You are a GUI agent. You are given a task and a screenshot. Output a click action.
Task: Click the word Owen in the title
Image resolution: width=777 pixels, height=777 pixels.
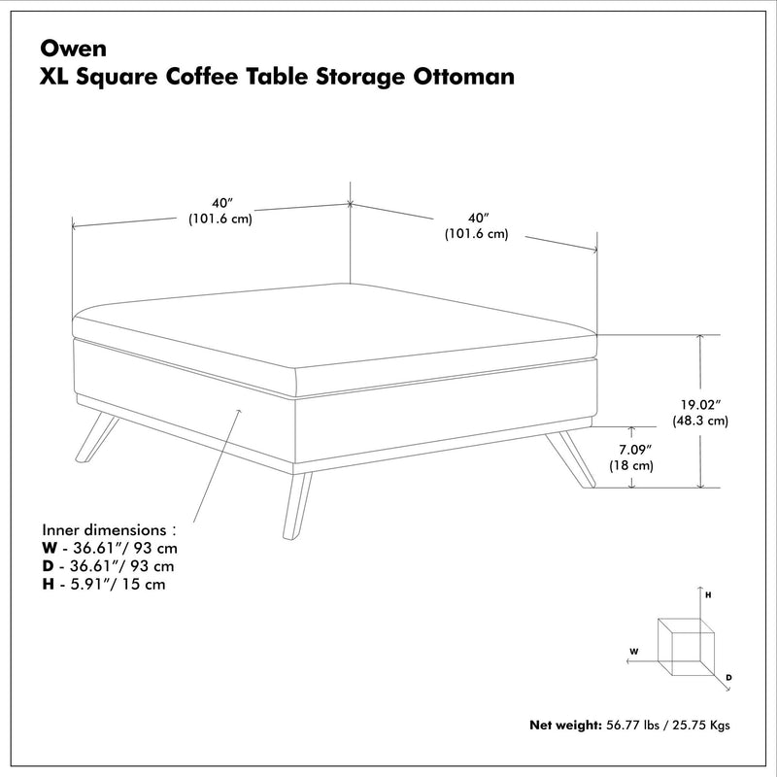click(x=65, y=47)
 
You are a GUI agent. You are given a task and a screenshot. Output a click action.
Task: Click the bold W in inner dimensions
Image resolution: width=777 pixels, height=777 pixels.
click(x=49, y=549)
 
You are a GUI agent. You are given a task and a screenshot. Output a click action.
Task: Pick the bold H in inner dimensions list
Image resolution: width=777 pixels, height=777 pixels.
click(x=48, y=584)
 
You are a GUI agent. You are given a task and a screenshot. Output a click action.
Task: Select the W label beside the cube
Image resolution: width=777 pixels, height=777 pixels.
click(x=633, y=651)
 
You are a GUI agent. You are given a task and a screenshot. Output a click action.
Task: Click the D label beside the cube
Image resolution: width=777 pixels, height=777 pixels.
click(x=728, y=676)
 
